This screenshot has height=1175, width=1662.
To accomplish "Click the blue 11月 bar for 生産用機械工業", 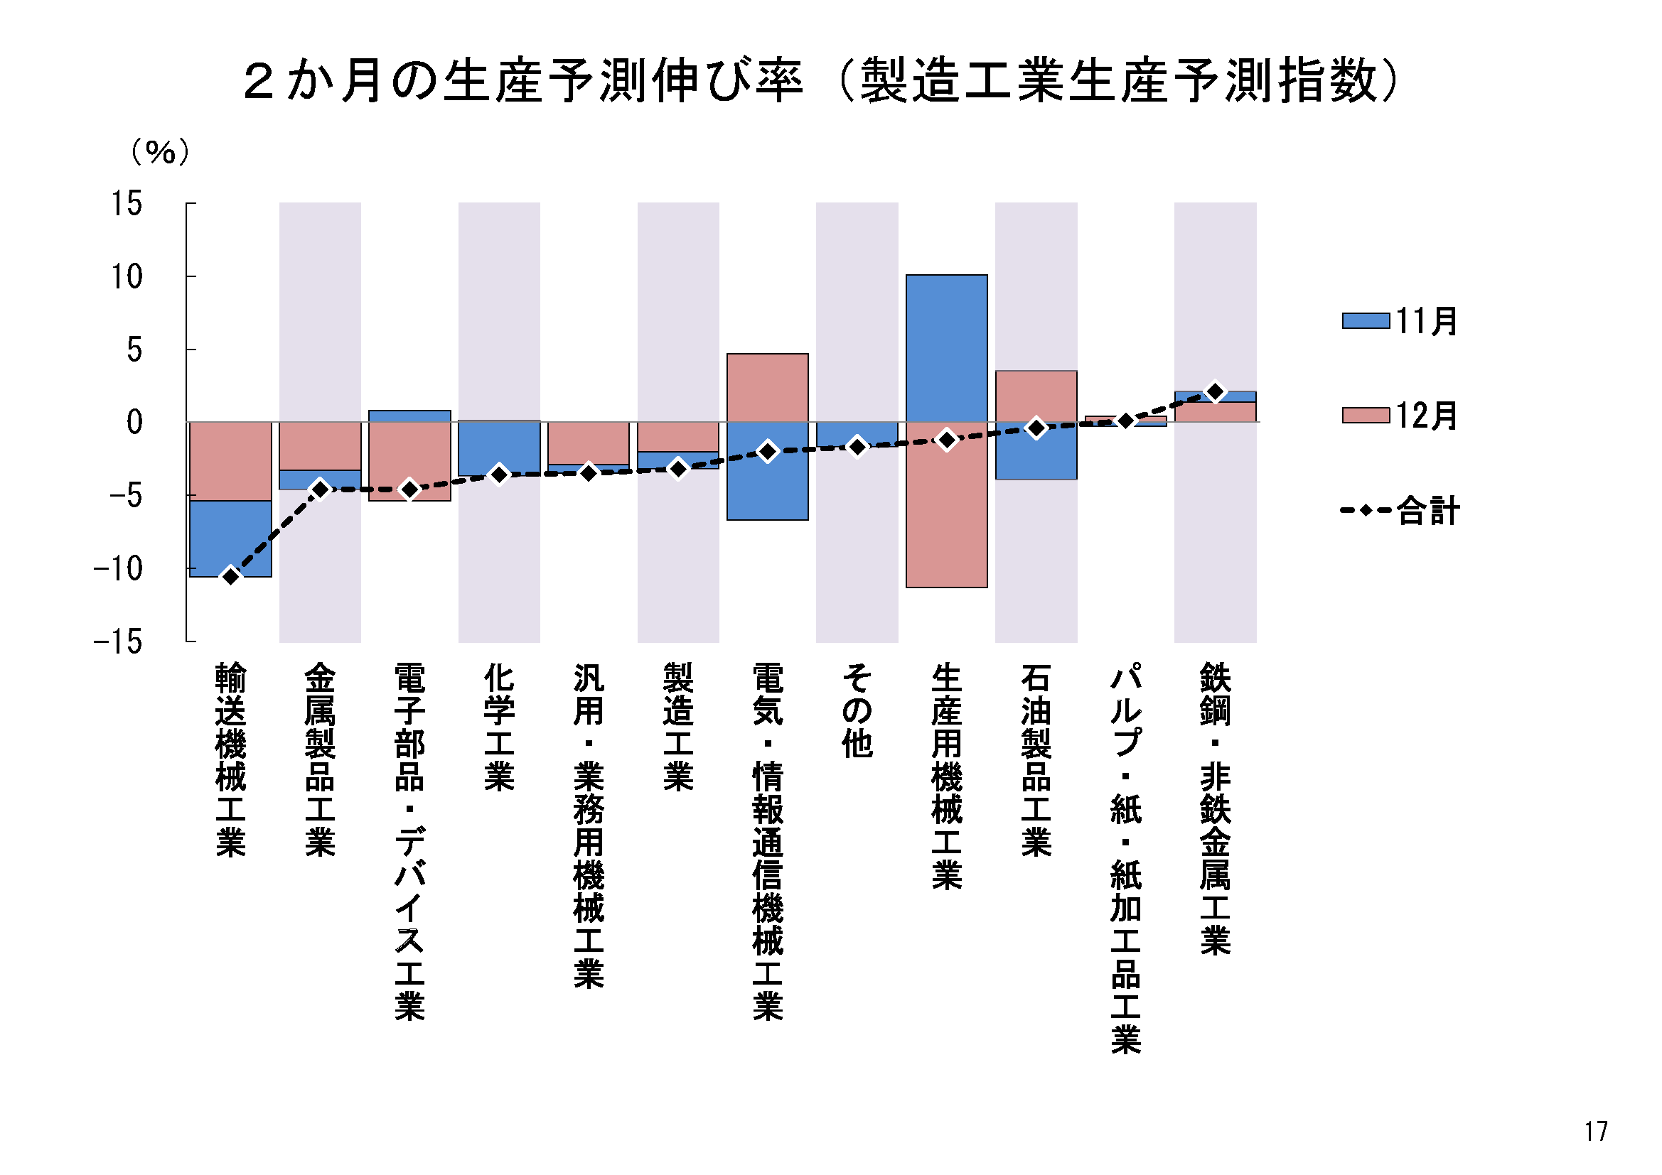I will click(946, 348).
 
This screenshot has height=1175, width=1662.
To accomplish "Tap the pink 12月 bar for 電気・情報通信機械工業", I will click(767, 387).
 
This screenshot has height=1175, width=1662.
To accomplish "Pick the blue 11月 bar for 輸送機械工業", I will click(230, 538).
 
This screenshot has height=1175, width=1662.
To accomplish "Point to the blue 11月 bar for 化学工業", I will click(499, 448).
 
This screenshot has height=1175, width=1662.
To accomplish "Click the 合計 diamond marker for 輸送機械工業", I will click(230, 576).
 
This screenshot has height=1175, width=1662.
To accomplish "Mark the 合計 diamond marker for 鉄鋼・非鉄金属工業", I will click(1216, 391).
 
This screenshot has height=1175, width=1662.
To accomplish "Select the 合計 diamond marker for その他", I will click(857, 446).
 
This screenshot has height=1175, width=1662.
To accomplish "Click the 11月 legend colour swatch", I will click(1365, 320).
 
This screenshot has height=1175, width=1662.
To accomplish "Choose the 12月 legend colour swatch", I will click(1365, 416).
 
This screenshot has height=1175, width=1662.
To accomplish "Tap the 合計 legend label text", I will click(1427, 511).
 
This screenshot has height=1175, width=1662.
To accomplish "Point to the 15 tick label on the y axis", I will click(127, 203).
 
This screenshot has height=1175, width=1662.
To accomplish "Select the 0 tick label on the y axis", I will click(134, 422).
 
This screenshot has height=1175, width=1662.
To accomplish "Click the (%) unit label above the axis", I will click(160, 152).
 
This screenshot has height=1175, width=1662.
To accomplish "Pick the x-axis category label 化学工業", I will click(499, 727).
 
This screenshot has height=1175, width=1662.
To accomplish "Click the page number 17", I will click(1595, 1131).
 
